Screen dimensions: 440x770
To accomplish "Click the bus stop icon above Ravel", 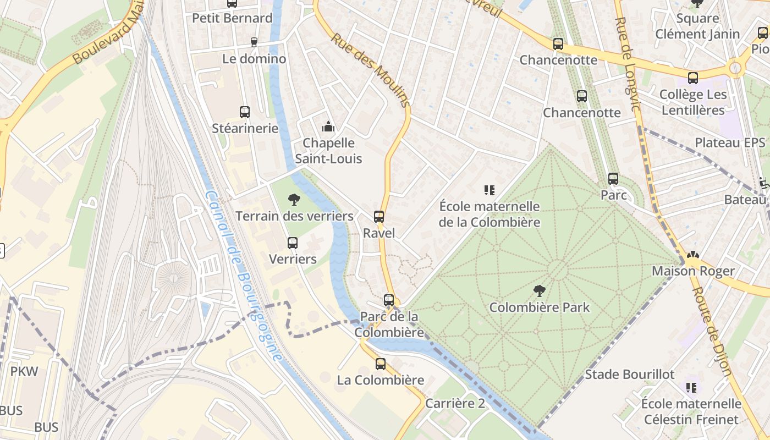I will click(379, 217).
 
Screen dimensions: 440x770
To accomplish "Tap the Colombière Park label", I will click(539, 307).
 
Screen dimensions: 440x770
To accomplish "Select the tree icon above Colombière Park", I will click(540, 290).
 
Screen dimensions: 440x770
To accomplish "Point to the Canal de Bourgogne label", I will click(243, 275).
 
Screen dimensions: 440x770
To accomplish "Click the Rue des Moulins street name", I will click(371, 69).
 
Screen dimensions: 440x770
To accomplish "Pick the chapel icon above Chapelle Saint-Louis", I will click(328, 127).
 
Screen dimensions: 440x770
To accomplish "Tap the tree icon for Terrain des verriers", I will click(294, 200).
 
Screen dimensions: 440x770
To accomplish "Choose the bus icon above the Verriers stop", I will click(293, 243).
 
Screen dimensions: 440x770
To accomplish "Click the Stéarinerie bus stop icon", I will click(245, 112).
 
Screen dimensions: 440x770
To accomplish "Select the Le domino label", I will click(254, 58).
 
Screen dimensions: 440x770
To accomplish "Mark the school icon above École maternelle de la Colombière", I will click(490, 190).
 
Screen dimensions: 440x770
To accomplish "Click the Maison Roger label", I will click(693, 271).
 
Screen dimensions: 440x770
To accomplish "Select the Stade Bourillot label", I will click(629, 375).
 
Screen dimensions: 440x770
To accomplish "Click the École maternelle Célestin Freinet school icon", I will click(691, 388).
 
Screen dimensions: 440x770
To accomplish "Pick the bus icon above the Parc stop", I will click(613, 179).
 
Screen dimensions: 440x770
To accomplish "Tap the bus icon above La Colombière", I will click(381, 364).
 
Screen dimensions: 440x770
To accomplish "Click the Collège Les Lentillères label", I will click(692, 102).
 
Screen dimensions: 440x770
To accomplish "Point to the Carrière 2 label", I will click(455, 403).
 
